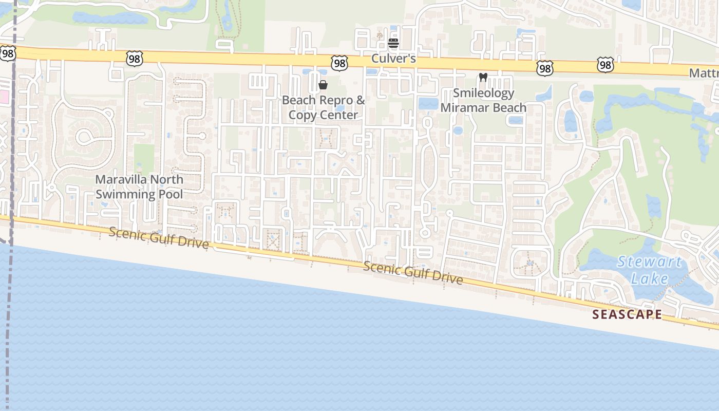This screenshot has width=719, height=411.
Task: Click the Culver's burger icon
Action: click(x=393, y=43)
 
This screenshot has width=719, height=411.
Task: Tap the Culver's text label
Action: click(x=393, y=59)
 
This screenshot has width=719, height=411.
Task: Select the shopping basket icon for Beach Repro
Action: click(x=323, y=85)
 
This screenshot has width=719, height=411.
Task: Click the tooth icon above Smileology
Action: click(x=483, y=78)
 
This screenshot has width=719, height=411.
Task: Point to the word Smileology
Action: click(x=483, y=93)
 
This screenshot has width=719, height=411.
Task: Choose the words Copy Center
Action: click(x=323, y=115)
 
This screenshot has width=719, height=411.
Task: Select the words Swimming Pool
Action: click(x=139, y=194)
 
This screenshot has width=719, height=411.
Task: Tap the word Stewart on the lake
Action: click(x=649, y=262)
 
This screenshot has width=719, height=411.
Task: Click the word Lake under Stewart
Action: click(x=649, y=279)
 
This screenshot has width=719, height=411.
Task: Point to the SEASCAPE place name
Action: click(x=627, y=314)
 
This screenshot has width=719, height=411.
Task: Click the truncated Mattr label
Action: click(x=704, y=73)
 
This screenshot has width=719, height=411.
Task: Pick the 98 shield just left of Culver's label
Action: click(x=339, y=63)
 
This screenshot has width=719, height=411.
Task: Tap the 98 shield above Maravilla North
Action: click(x=134, y=59)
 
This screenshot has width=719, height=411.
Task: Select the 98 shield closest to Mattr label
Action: click(x=606, y=65)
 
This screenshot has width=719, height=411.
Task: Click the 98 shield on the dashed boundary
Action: click(x=7, y=53)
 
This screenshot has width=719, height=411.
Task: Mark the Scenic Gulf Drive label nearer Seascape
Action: click(x=413, y=272)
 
